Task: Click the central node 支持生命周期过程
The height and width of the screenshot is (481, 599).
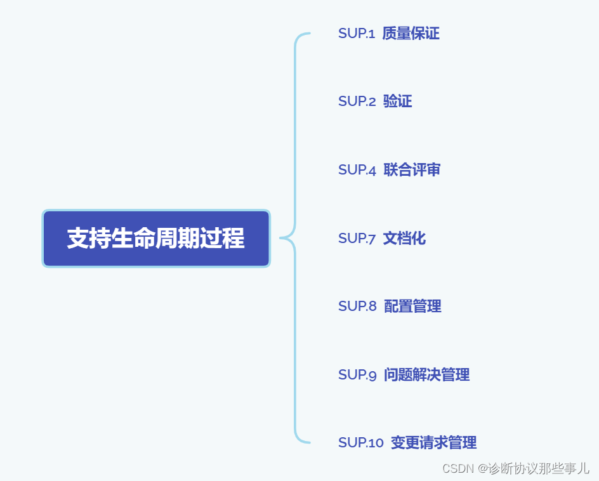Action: click(156, 239)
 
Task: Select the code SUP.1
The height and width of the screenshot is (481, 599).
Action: click(357, 34)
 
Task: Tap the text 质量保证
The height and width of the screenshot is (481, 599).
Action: click(411, 34)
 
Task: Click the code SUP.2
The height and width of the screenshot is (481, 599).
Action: click(357, 102)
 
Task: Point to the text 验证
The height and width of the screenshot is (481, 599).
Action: click(398, 102)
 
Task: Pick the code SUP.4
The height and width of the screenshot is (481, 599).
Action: click(357, 170)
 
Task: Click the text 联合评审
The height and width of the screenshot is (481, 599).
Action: click(412, 170)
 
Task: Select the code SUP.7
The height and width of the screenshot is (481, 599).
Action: click(357, 239)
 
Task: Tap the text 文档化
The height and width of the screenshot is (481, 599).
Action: click(404, 239)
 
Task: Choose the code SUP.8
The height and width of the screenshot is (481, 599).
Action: click(357, 306)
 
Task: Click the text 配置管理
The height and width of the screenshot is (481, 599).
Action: click(412, 306)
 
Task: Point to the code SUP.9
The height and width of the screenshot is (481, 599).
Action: click(357, 375)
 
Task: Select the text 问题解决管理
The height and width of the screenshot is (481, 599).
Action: click(426, 375)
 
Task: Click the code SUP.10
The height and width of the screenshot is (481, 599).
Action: click(360, 443)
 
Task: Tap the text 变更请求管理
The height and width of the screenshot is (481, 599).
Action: click(433, 443)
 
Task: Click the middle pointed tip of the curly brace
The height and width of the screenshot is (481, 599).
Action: click(281, 239)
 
